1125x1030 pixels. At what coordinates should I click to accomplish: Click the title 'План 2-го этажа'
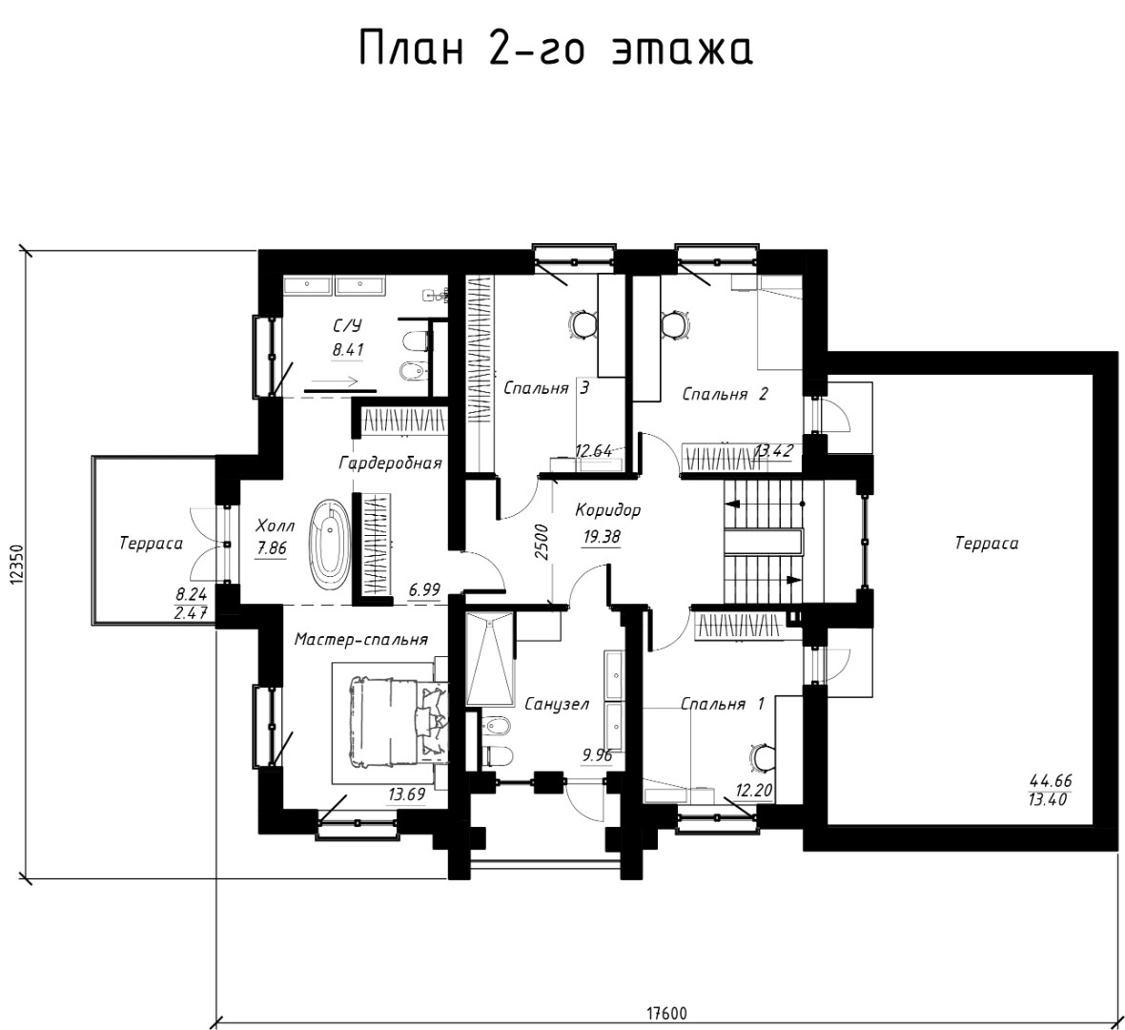click(555, 49)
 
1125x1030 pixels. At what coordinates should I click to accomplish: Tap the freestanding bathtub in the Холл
click(329, 541)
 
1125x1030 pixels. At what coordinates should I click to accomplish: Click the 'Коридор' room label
click(607, 511)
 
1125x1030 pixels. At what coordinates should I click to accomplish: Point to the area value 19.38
click(602, 536)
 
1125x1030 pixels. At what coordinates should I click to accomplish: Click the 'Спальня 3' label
click(546, 388)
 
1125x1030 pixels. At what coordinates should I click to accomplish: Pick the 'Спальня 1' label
click(723, 704)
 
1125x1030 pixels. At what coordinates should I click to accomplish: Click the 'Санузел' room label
click(557, 704)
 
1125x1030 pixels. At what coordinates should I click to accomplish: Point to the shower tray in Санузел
click(490, 659)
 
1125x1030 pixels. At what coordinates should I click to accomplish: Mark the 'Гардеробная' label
click(390, 463)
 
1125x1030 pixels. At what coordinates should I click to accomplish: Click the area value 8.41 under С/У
click(348, 350)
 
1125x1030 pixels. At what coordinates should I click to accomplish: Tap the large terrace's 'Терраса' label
click(987, 544)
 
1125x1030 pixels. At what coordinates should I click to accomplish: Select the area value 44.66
click(1051, 781)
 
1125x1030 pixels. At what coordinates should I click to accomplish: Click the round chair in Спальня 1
click(763, 755)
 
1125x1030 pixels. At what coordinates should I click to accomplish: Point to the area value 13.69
click(407, 794)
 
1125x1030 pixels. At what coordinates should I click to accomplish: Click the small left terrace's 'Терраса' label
click(151, 544)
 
